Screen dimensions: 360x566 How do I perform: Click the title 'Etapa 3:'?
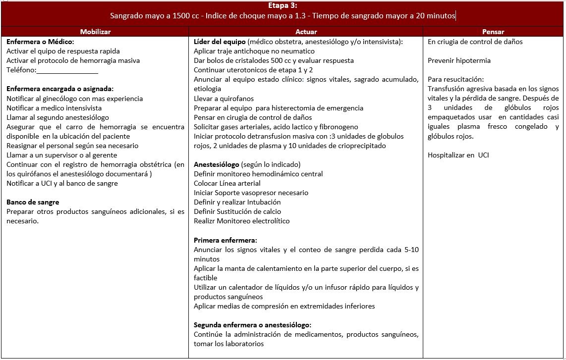pos(283,6)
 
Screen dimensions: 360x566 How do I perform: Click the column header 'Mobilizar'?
pos(95,32)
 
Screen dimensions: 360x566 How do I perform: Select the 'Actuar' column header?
pos(306,32)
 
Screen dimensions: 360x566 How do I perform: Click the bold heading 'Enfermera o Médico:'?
pos(40,42)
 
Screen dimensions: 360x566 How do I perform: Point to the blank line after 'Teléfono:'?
pos(67,70)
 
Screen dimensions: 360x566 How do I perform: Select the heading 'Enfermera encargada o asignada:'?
pos(60,89)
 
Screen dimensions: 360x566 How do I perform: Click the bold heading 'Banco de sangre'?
pos(33,202)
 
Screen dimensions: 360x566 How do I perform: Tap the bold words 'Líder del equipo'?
pos(220,42)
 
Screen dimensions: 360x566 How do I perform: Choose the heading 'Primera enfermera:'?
pos(225,240)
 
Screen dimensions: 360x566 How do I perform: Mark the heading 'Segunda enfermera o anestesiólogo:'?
pos(252,325)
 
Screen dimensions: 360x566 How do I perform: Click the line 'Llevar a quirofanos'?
pos(224,99)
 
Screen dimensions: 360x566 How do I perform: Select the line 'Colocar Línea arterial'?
pos(227,183)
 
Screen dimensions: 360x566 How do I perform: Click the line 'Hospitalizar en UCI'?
pos(458,155)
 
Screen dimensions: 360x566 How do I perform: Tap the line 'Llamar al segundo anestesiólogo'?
pos(57,117)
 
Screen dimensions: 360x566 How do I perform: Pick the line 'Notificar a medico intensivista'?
pos(54,108)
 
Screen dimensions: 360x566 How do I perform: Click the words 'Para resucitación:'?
pos(455,80)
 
